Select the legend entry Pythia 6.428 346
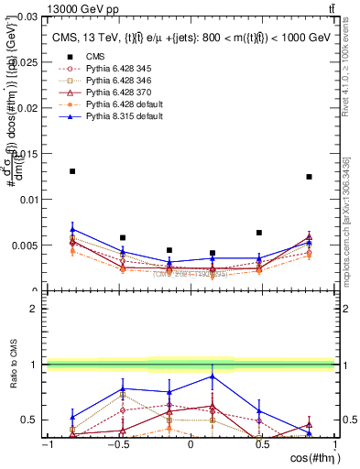point(111,81)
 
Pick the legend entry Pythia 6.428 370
point(111,93)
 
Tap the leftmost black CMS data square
point(72,171)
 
